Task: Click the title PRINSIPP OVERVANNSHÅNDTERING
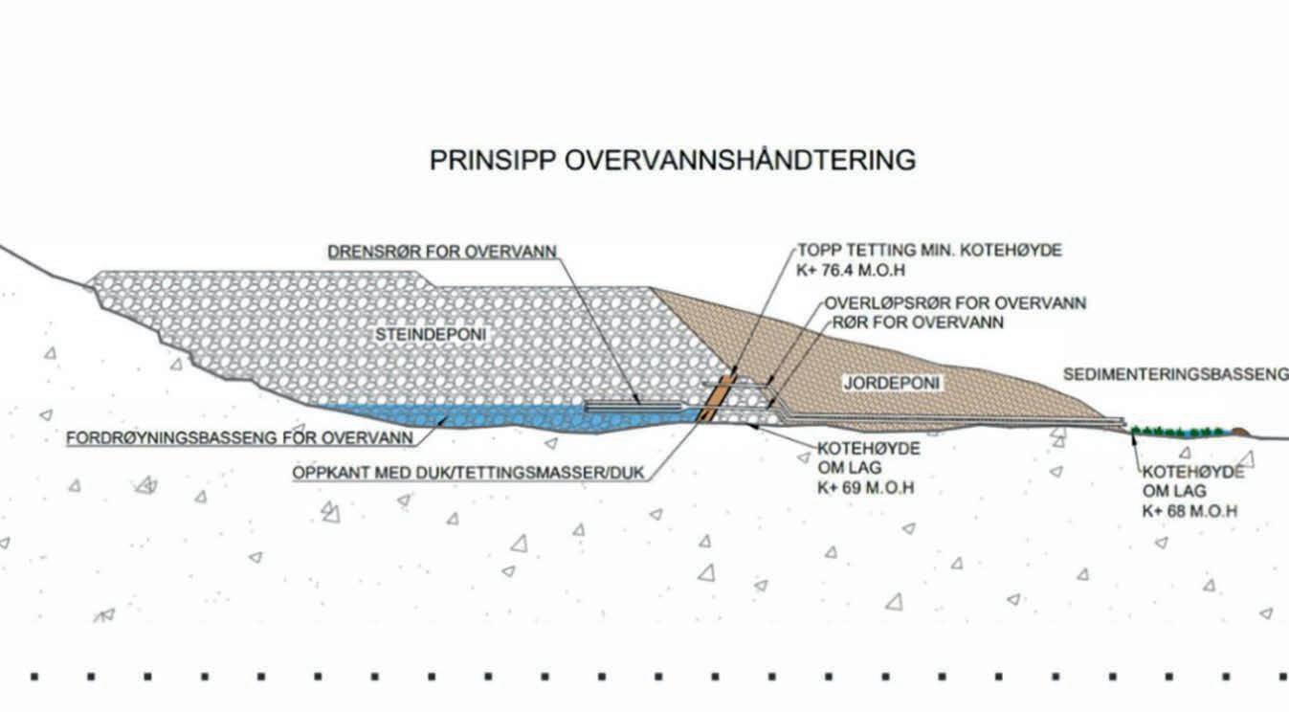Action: coord(672,160)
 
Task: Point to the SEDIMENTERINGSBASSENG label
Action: coord(1175,374)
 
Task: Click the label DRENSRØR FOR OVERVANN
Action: coord(442,253)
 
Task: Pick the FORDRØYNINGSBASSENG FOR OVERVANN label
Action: coord(239,438)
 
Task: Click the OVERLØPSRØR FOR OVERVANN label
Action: coord(955,303)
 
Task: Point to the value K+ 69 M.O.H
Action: coord(865,487)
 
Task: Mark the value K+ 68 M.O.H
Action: coord(1189,511)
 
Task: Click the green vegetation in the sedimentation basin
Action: coord(1177,433)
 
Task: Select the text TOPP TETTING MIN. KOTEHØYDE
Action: coord(930,251)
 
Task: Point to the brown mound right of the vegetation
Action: coord(1240,433)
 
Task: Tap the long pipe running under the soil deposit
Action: coord(957,419)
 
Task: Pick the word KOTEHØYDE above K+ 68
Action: coord(1192,472)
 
